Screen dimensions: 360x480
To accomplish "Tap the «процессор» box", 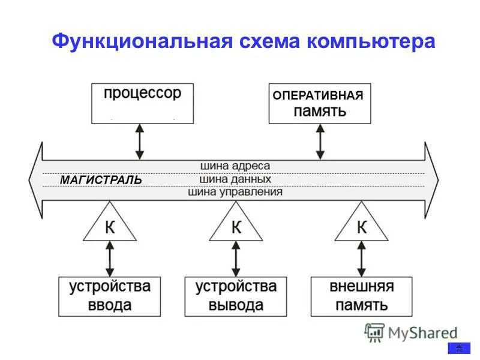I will (142, 103).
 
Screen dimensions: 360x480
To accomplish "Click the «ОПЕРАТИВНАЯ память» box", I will (319, 103).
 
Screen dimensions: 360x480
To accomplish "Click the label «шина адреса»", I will (235, 166).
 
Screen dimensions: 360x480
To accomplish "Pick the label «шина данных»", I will (235, 179).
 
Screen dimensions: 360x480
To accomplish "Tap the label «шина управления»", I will (235, 193).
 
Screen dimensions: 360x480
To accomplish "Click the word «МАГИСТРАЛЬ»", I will (101, 180).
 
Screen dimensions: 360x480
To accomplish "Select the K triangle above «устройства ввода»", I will (110, 226).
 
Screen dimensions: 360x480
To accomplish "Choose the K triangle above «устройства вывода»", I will (236, 226).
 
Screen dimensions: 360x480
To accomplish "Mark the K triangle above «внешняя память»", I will (361, 226).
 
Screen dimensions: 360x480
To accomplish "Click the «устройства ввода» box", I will (109, 296).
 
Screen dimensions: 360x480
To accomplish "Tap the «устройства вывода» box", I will (236, 296).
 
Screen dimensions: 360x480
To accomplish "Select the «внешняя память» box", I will (361, 296).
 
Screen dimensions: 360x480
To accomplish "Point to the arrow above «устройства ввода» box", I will (110, 259).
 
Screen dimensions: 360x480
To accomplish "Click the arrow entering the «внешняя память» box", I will (361, 259).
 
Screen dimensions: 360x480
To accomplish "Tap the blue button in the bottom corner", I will (459, 349).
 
